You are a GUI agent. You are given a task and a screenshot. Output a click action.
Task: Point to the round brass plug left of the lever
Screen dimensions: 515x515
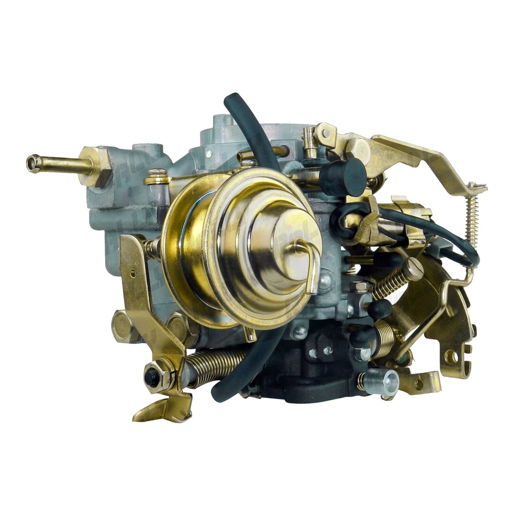click(121, 324)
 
